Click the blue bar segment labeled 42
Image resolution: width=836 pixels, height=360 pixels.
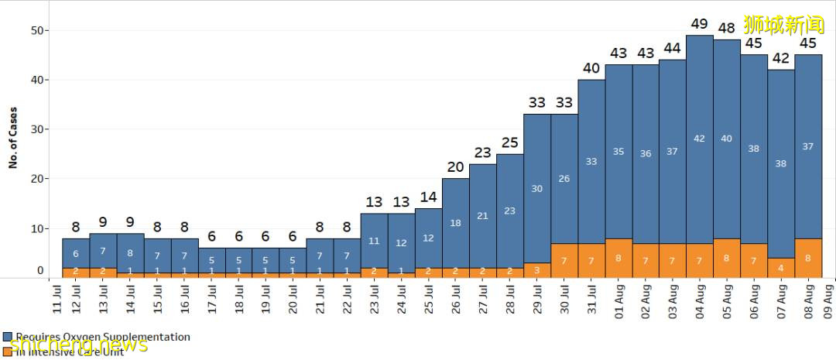point(699,139)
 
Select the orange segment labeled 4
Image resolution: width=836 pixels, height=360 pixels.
point(780,268)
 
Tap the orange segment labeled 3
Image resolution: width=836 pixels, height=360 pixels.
point(536,270)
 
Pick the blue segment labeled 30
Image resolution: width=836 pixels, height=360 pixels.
point(536,188)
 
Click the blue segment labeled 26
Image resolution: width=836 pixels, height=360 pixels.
point(564,179)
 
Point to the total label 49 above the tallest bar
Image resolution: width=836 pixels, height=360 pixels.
point(699,24)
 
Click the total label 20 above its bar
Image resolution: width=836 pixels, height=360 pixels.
point(455,167)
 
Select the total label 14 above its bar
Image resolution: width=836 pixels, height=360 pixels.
point(428,197)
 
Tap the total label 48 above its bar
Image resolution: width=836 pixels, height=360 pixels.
point(726,29)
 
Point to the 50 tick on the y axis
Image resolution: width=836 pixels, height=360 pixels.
point(36,30)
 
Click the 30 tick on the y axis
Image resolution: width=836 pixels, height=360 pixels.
point(36,129)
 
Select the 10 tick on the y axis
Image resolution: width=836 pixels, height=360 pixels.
point(36,228)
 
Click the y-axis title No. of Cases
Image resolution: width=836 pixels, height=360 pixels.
point(13,137)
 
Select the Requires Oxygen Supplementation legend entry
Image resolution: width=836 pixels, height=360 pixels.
point(97,337)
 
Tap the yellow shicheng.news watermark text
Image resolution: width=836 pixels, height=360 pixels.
point(77,345)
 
